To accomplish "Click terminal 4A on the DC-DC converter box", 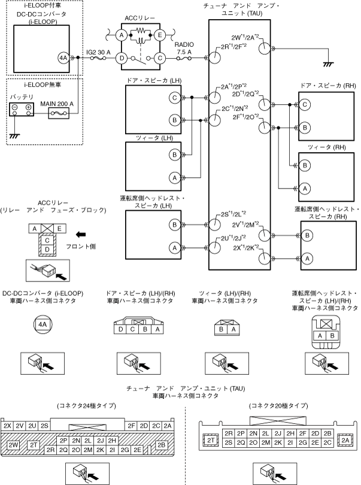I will click(63, 57).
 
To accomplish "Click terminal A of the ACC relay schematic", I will click(122, 36).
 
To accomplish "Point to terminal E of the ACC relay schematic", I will click(160, 36).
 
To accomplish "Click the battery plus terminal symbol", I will click(28, 107).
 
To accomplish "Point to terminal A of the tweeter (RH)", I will click(305, 188).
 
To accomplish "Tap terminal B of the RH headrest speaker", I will click(308, 236).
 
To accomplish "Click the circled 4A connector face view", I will click(42, 324).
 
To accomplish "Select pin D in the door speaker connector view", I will click(122, 329).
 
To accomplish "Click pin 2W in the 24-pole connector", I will click(14, 445).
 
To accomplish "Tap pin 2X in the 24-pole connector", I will click(8, 425).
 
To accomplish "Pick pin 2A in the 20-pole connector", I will click(347, 440).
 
